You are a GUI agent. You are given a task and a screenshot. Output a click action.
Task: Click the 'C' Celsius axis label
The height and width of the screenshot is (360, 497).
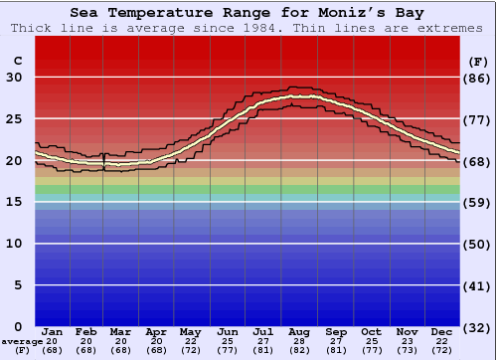coord(17,62)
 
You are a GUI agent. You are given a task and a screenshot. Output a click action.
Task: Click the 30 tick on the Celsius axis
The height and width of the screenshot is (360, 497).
coord(15,78)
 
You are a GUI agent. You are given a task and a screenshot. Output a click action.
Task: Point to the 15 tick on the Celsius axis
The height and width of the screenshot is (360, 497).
coord(15,202)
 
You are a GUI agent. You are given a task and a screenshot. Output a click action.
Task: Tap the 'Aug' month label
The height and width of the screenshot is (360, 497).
coord(300,331)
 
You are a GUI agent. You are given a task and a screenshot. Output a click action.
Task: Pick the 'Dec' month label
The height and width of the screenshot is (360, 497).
coord(443,331)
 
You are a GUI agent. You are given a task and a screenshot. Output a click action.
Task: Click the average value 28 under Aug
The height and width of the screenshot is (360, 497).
coord(300,341)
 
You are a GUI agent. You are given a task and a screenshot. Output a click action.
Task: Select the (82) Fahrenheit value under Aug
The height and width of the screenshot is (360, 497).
coord(300,350)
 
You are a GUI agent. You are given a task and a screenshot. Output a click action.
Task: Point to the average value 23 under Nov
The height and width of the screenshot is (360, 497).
coord(408,341)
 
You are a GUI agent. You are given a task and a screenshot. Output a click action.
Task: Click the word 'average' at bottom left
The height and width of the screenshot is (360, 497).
coord(22,341)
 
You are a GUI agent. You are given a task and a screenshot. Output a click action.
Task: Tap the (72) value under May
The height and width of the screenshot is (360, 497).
coord(192,350)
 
